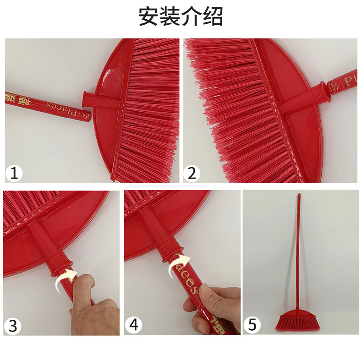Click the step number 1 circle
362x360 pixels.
[x=15, y=173]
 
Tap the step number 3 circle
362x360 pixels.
[x=13, y=326]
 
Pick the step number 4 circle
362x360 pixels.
[x=134, y=326]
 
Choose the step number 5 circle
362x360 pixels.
[x=252, y=326]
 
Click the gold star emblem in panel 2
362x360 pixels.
[x=334, y=86]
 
